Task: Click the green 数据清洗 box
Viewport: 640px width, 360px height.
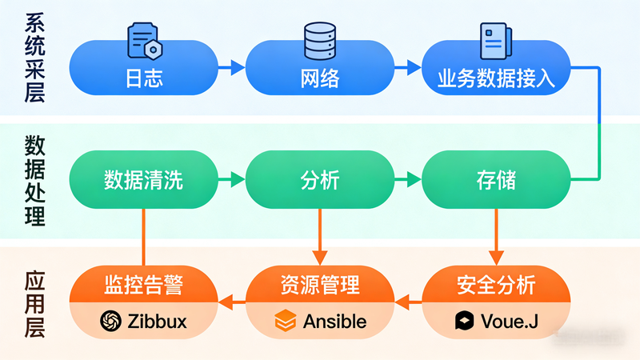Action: click(143, 180)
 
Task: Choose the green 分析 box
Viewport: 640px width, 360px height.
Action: click(319, 180)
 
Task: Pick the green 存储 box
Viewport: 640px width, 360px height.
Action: click(496, 180)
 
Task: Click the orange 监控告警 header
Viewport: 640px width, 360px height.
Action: click(143, 285)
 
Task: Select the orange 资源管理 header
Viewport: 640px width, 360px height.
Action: click(319, 285)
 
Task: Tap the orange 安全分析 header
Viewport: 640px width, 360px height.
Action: click(496, 285)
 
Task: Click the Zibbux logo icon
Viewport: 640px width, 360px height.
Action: click(110, 322)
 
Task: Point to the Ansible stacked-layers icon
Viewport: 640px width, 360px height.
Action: click(286, 322)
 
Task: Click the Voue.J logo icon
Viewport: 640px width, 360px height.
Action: click(463, 322)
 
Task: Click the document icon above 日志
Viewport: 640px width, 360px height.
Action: click(144, 38)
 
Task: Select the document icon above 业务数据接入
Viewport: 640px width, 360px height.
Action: click(491, 38)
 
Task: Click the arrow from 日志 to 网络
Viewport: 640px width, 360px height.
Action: click(231, 70)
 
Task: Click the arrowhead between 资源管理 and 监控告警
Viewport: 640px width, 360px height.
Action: click(226, 302)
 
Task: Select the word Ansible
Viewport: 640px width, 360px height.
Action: click(334, 322)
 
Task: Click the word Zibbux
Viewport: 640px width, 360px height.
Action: click(157, 322)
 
